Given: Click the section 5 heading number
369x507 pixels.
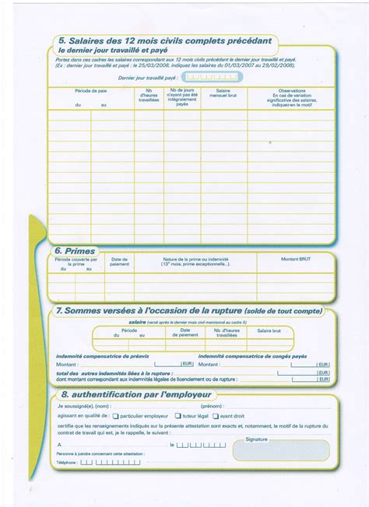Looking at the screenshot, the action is coord(61,41).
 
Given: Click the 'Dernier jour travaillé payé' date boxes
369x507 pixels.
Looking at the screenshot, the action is coord(213,78).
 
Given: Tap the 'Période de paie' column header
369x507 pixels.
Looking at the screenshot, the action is coord(91,91).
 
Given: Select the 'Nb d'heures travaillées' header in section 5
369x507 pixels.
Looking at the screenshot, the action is coord(148,96).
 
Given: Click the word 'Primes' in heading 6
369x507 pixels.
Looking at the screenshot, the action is coord(80,251).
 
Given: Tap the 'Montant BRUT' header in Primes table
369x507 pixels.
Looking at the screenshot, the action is coord(296,259).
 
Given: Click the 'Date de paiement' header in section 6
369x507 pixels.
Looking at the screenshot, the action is coord(119,261).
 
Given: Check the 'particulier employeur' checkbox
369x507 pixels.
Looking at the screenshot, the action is coord(115,416).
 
